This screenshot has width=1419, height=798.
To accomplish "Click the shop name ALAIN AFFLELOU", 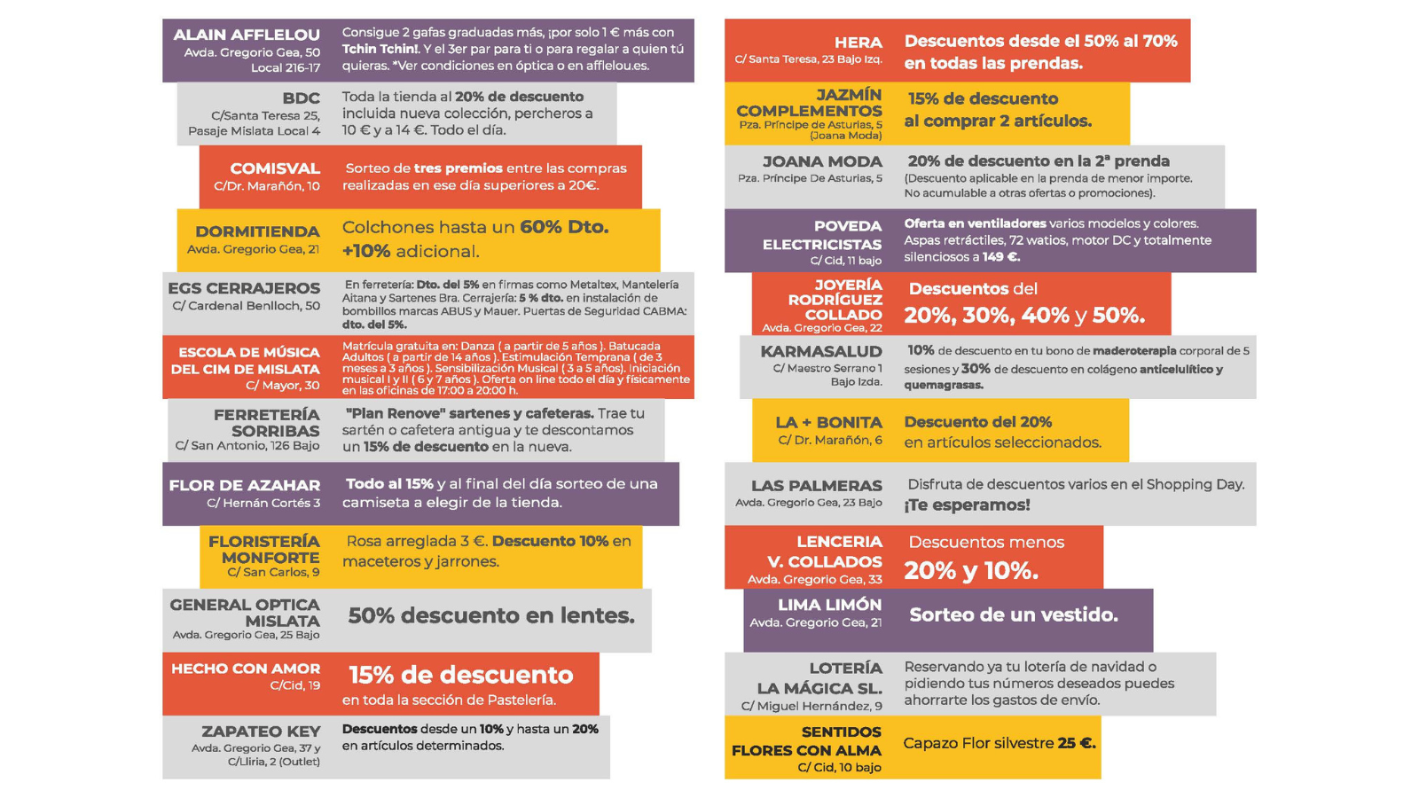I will [246, 35].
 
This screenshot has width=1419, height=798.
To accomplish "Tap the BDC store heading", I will [301, 98].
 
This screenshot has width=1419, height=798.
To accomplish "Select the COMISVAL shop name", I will [275, 168].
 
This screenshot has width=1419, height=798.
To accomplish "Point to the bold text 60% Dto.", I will [564, 227].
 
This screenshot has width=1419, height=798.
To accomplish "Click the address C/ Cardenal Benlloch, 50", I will [246, 306].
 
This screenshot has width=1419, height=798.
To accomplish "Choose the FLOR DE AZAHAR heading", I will [244, 485].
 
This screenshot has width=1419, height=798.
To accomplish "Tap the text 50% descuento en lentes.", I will [490, 615].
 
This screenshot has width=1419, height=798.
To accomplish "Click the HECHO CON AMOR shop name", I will [246, 669].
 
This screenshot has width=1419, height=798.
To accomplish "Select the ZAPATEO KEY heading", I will [261, 731].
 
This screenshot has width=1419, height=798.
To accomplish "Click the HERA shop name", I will [858, 43].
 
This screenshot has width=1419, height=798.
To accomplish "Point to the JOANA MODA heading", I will [822, 161].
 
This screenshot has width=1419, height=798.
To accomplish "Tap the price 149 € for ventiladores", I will [1000, 257].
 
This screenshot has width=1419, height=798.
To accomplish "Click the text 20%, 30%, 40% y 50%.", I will [1023, 315].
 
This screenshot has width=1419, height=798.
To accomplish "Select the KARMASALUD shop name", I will [820, 351].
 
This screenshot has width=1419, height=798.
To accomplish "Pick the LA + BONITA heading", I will [828, 422].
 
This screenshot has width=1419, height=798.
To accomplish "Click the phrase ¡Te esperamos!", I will [967, 505].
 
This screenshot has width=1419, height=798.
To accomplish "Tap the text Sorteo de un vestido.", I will [1013, 615].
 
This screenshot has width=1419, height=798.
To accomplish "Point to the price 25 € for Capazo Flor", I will [1076, 743].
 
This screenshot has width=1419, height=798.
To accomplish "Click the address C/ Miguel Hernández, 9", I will [811, 706].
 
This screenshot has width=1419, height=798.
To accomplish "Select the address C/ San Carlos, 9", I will [273, 573].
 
